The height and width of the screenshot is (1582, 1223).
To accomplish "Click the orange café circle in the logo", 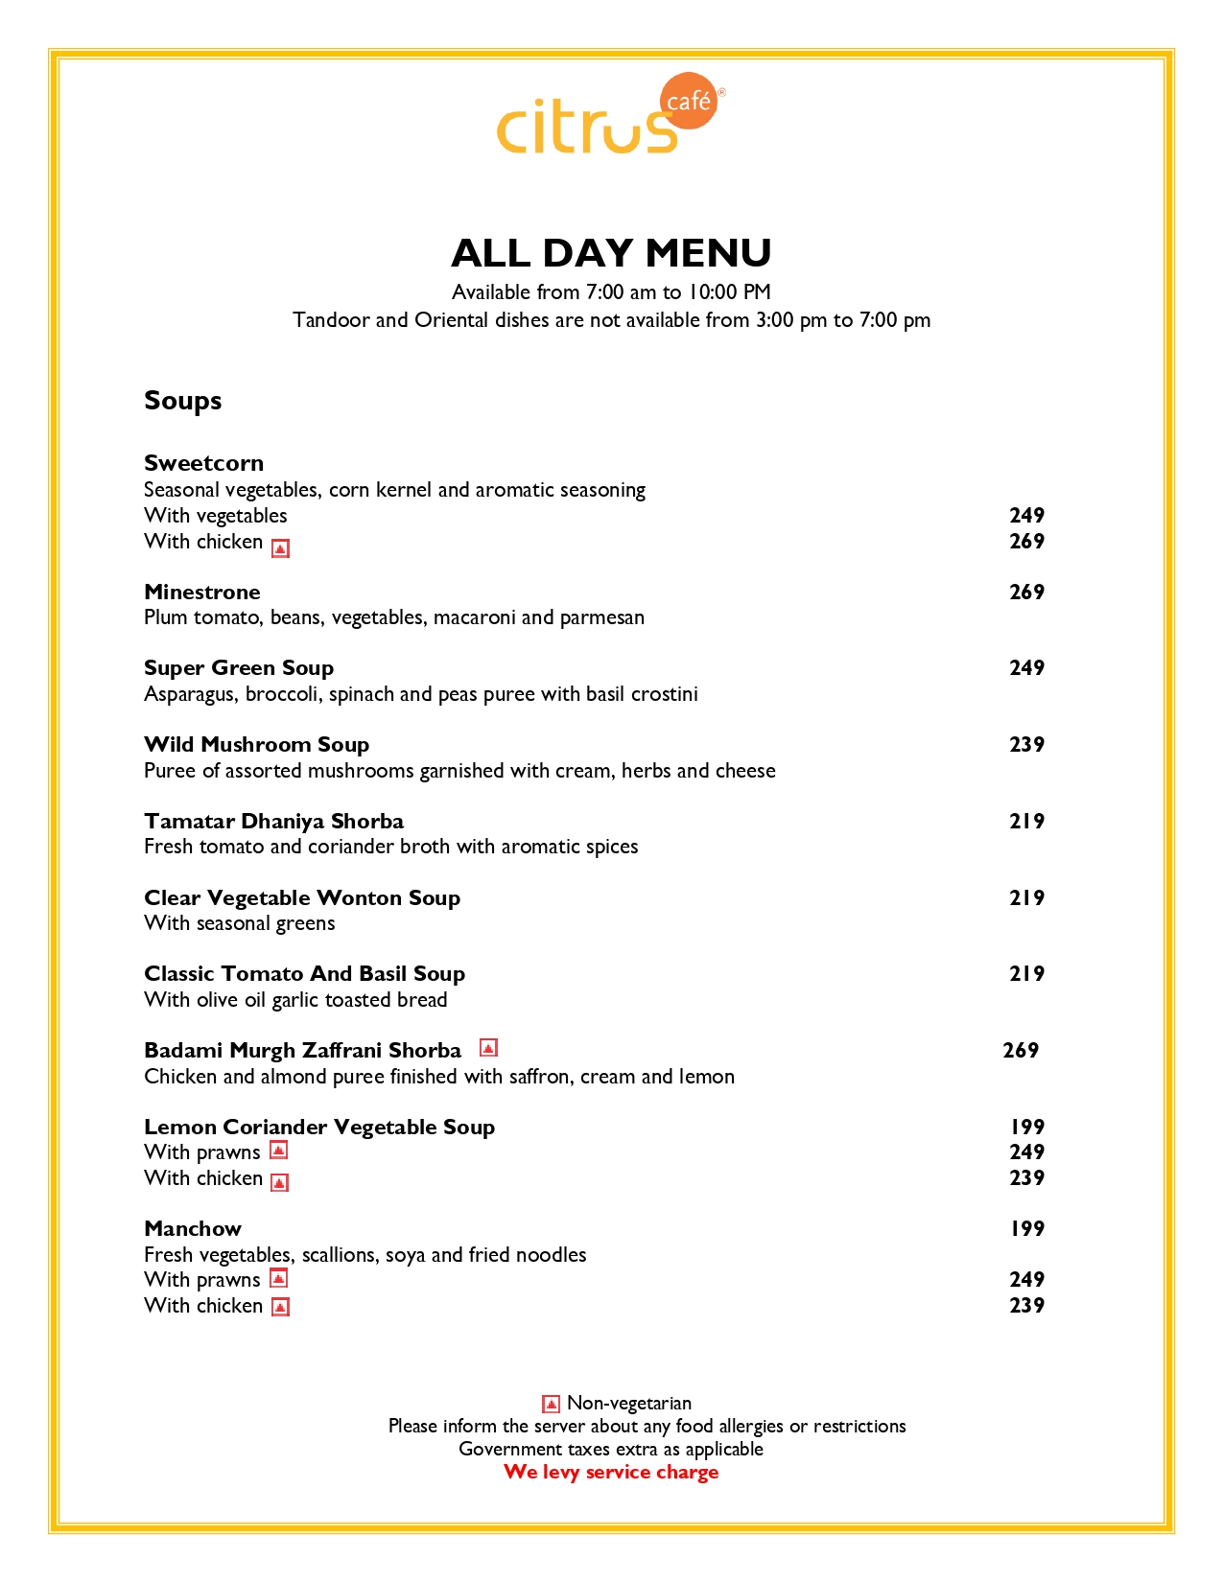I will point(689,101).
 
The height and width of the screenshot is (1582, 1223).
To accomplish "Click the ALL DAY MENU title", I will point(611,253).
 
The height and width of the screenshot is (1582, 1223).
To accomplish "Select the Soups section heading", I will point(182,400).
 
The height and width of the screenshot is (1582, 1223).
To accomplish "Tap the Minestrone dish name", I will point(202,592).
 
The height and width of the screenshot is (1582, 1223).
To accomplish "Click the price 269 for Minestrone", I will point(1026,592).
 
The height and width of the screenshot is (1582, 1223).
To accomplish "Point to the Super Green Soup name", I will point(239,667).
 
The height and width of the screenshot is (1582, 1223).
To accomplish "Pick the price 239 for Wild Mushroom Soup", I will point(1026,744).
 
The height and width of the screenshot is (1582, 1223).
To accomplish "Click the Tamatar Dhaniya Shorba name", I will point(273,821).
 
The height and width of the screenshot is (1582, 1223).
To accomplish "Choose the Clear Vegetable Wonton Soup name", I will point(302,897).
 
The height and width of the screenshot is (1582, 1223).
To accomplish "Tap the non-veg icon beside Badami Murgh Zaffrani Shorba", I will point(488,1048).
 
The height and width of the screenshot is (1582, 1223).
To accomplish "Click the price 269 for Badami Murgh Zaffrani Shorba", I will point(1021,1050).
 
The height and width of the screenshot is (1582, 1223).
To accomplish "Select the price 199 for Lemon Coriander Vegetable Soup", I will point(1026,1127).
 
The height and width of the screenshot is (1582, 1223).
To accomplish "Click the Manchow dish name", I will point(193,1228).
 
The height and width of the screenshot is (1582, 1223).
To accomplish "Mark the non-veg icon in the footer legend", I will point(551,1404).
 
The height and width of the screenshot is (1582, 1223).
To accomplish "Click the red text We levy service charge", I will point(611,1472).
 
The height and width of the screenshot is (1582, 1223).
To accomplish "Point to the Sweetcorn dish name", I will point(203,463).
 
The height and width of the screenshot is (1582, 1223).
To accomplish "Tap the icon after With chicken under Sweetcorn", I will point(280,547).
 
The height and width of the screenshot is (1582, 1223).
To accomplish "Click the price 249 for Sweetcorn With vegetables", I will point(1026,515).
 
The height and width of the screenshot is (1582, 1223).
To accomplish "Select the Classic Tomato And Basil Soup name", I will point(304,973).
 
